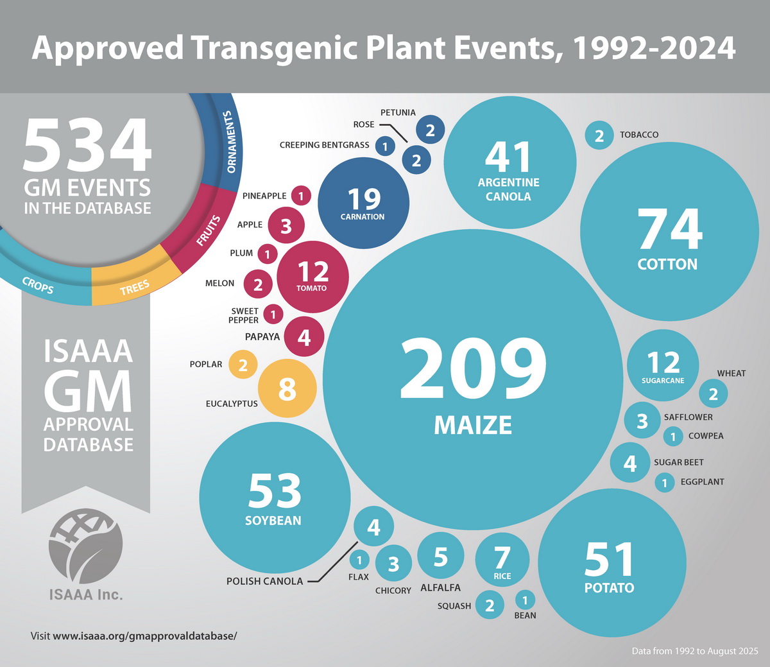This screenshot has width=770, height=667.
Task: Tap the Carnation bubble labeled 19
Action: tap(363, 203)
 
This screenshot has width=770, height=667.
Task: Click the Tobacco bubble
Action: tap(599, 135)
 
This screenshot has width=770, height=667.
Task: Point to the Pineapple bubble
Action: tap(300, 196)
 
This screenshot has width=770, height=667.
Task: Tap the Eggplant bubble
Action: tap(665, 482)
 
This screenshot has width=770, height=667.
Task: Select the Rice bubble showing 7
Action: tap(502, 560)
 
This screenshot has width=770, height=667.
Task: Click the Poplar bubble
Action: tap(243, 365)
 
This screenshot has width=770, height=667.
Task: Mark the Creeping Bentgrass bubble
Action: tap(385, 146)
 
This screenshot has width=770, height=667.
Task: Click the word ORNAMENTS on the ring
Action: tap(230, 143)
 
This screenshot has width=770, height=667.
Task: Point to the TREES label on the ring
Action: tap(134, 288)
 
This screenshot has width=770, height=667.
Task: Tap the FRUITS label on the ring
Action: tap(209, 231)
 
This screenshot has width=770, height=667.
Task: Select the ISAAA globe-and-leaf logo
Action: tap(85, 546)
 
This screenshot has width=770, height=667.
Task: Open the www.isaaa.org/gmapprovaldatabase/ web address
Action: tap(144, 636)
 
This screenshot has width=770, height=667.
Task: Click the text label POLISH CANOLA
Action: tap(264, 582)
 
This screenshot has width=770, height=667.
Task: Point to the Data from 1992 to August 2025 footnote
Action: tap(695, 651)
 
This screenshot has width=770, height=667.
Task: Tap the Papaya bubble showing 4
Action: tap(304, 337)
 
